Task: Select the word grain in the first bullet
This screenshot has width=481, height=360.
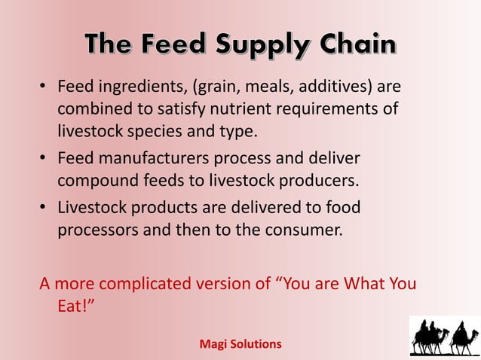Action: [227, 87]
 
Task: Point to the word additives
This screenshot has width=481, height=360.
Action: [338, 87]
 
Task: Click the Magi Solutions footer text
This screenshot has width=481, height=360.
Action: [240, 343]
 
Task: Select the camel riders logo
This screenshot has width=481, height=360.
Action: [443, 336]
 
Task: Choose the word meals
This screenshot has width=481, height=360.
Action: [286, 87]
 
